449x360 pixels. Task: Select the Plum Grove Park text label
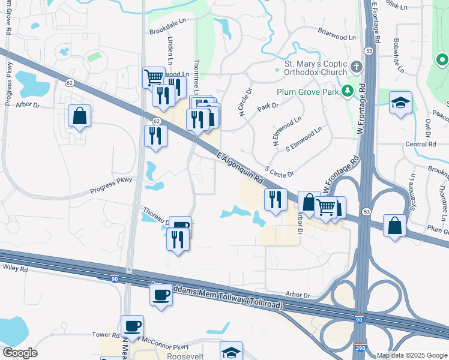click(x=307, y=92)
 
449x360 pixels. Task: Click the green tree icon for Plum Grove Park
click(x=347, y=91)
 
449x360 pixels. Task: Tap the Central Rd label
click(x=420, y=144)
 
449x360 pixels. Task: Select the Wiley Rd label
click(x=16, y=269)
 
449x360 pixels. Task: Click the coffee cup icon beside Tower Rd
click(x=132, y=326)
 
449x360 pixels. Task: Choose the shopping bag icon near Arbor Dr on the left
click(x=79, y=116)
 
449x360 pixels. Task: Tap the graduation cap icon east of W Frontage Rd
click(x=400, y=103)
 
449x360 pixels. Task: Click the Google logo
click(x=19, y=353)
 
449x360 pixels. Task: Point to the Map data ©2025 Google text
click(x=412, y=355)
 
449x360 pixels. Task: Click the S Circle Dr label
click(x=279, y=171)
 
